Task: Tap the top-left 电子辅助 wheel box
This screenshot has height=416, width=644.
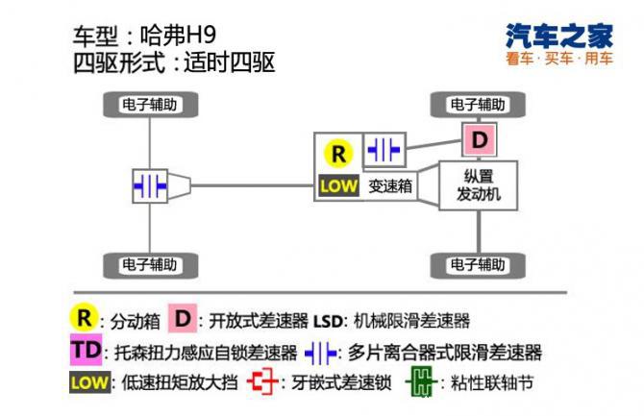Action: coord(149,104)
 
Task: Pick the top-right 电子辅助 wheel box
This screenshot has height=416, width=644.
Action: coord(478,104)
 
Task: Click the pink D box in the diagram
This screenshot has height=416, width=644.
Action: coord(481,139)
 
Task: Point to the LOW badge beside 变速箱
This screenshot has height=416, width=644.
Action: coord(338,186)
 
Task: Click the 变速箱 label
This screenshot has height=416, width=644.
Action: coord(390,186)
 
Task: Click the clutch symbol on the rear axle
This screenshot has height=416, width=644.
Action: coord(151,184)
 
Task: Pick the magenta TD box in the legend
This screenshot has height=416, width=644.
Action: coord(86,350)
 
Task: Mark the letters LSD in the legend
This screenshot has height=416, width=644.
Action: coord(328,320)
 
